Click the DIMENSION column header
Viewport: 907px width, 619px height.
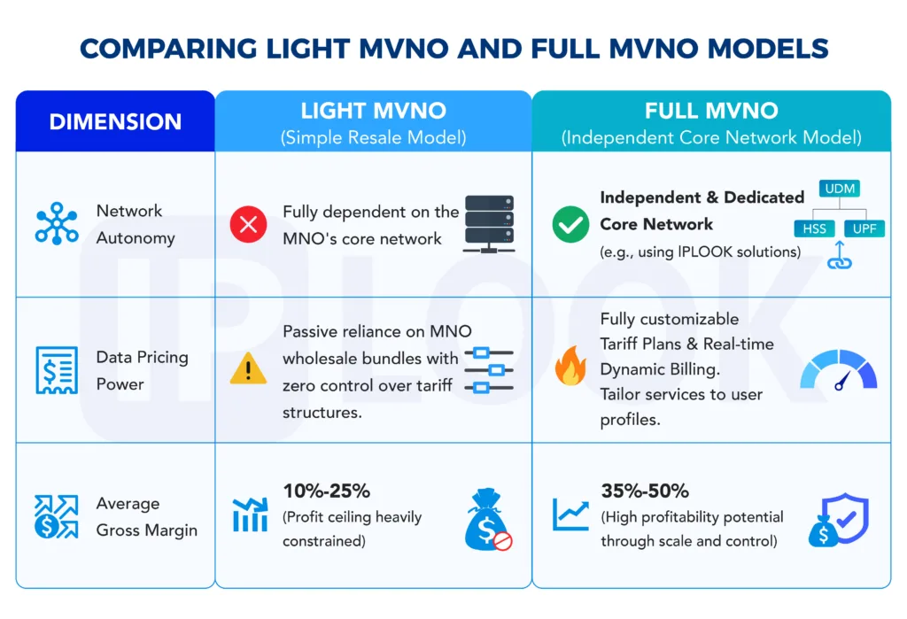click(115, 121)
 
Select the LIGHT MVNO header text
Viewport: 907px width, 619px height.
click(373, 111)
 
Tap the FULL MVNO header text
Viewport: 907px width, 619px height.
click(711, 111)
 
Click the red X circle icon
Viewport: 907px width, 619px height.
click(248, 224)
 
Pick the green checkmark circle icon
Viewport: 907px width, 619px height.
click(570, 224)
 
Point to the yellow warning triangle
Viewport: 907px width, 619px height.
click(248, 368)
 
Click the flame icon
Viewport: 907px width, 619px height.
click(570, 365)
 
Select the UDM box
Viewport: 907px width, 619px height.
click(840, 189)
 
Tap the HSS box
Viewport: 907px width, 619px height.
click(815, 228)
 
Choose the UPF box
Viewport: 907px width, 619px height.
click(864, 228)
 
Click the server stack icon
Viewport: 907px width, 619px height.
click(489, 224)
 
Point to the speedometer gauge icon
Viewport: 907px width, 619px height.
click(839, 370)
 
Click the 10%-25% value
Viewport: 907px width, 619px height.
click(326, 491)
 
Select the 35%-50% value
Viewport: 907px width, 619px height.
click(645, 491)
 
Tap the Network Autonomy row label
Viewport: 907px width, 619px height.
click(136, 224)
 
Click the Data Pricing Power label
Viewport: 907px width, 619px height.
click(143, 370)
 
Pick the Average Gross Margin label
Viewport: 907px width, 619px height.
click(147, 516)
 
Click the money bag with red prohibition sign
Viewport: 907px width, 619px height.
click(488, 519)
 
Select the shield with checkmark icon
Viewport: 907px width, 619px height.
click(839, 520)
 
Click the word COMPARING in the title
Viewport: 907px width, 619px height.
click(168, 49)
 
